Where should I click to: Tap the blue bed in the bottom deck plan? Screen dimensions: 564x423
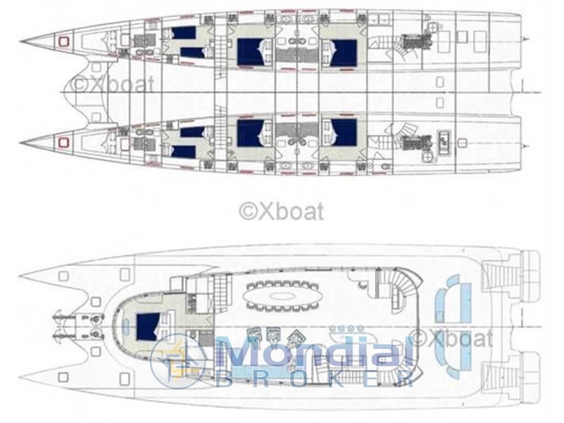coord(148,327)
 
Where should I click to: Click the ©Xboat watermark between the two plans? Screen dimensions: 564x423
coord(281,211)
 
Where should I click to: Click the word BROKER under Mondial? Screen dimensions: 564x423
coord(314,379)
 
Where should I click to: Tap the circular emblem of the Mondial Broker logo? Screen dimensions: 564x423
coord(178,361)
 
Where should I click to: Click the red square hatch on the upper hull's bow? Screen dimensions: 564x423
coord(63,41)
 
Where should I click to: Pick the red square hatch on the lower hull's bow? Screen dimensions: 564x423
coord(63,143)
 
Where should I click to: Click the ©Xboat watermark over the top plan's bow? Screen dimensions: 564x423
coord(112,84)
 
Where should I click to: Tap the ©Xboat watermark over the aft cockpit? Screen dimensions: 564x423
coord(452,338)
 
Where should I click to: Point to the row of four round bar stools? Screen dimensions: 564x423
coord(346,328)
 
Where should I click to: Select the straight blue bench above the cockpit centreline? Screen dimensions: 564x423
coord(466,302)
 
